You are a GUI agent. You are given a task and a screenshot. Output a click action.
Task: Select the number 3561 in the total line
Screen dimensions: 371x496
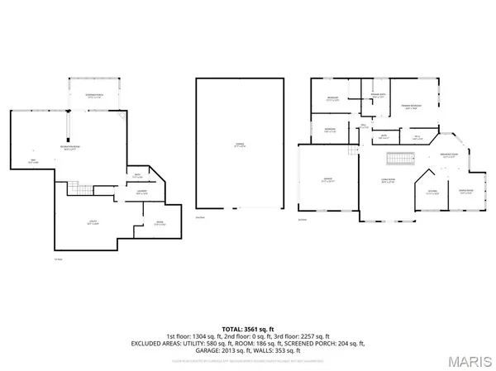(x=246, y=329)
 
